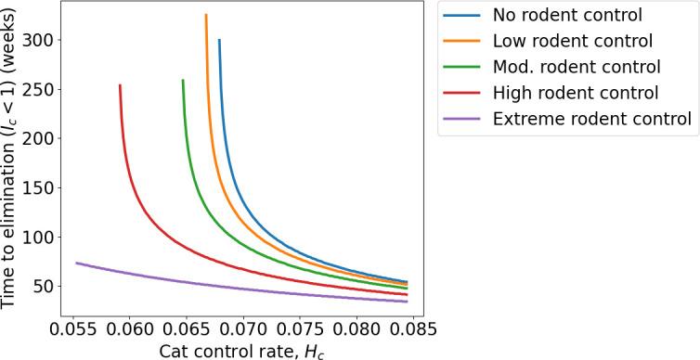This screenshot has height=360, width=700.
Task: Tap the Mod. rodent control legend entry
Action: [577, 67]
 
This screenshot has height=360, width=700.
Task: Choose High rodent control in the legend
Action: [575, 93]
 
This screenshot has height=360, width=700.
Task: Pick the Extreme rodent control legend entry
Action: [592, 119]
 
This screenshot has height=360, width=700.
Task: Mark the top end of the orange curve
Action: [206, 15]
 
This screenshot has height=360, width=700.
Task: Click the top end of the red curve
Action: [120, 85]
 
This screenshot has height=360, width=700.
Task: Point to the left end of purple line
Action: [76, 263]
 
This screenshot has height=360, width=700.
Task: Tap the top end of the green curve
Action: [183, 80]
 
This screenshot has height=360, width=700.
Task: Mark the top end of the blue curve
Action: [219, 40]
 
